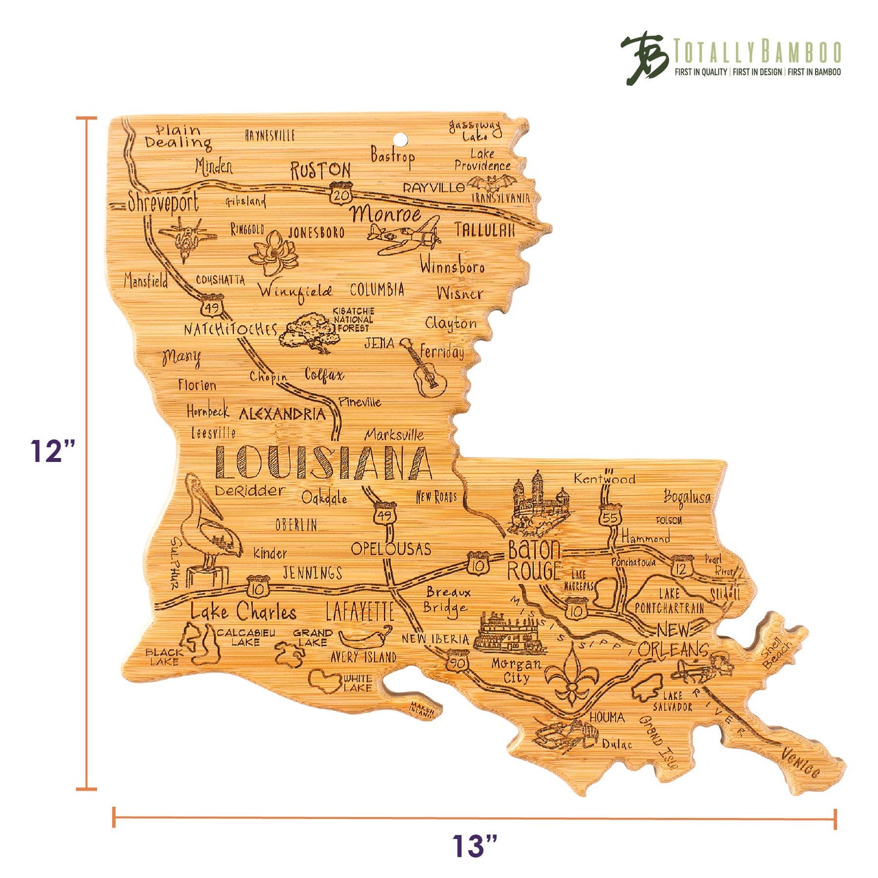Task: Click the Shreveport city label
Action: (163, 202)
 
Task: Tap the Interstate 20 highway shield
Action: (341, 193)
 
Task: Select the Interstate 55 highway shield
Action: (609, 516)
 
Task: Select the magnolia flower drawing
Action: (273, 252)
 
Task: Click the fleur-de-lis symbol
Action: (571, 675)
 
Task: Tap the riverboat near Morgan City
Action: (508, 633)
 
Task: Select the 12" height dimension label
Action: (53, 451)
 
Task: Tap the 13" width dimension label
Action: (475, 846)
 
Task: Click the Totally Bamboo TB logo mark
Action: (644, 58)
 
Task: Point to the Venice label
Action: (800, 763)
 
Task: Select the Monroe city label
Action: (386, 214)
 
